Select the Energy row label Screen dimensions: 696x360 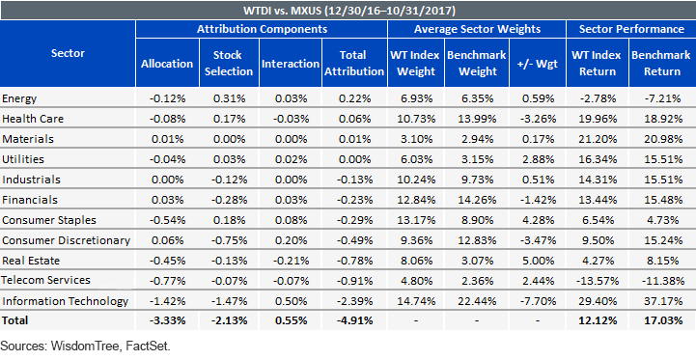pos(19,98)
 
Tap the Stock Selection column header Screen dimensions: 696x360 pos(229,63)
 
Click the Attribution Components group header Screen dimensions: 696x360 pos(262,29)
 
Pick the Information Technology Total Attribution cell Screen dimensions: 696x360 pos(354,301)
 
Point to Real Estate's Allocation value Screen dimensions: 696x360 pos(167,261)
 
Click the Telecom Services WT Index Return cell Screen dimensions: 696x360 pos(597,281)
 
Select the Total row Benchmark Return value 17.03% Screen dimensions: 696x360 pos(663,320)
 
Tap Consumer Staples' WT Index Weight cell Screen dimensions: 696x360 pos(415,220)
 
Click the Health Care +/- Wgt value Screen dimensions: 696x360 pos(538,119)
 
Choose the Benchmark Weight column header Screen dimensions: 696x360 pos(477,63)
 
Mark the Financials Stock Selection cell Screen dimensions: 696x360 pos(229,200)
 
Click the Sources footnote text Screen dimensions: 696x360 pos(86,346)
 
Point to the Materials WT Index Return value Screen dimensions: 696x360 pos(597,139)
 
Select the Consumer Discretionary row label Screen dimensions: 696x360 pos(67,240)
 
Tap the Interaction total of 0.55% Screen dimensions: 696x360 pos(291,320)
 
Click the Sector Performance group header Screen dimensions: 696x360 pos(631,29)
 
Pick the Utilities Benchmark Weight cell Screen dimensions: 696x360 pos(477,159)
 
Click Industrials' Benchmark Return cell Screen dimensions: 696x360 pos(663,180)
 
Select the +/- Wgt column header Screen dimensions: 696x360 pos(538,64)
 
